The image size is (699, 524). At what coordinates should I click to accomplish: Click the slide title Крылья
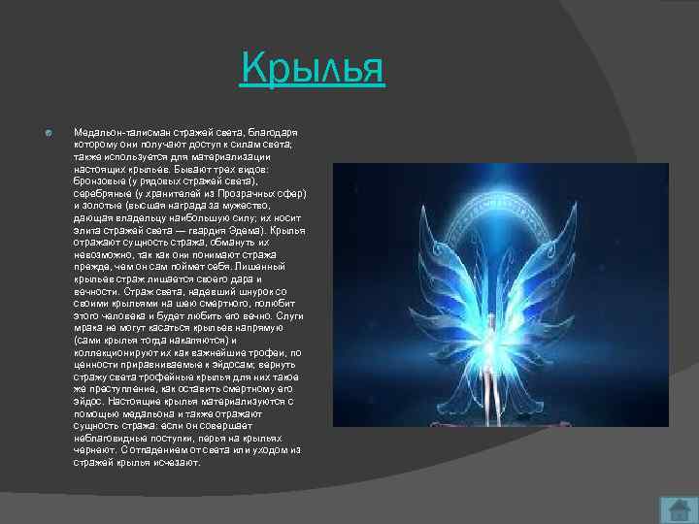point(314,71)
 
